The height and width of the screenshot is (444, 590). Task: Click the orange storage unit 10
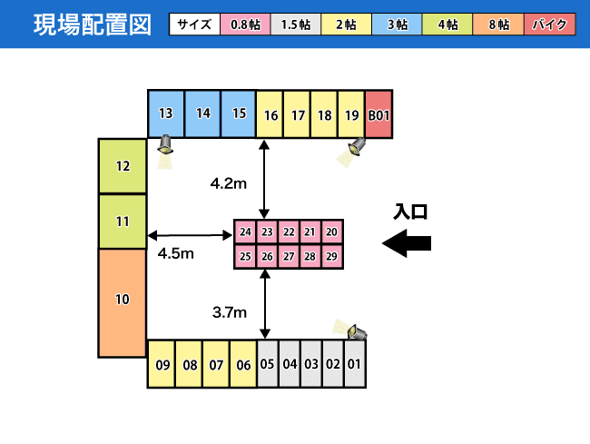[x=123, y=303]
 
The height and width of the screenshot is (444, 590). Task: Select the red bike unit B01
[x=379, y=114]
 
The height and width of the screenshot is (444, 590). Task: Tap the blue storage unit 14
[x=202, y=113]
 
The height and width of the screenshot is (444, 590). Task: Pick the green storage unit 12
[x=123, y=166]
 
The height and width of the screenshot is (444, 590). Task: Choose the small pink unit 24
[x=245, y=232]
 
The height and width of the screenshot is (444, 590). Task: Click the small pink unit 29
[x=332, y=256]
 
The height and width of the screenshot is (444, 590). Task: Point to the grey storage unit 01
[x=354, y=363]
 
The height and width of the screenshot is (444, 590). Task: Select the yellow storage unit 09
[x=162, y=364]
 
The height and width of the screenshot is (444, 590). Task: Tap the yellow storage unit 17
[x=297, y=114]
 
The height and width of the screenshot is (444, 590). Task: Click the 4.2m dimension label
[x=229, y=183]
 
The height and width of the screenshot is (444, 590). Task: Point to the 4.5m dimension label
[x=176, y=253]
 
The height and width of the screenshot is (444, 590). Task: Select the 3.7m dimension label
[x=230, y=312]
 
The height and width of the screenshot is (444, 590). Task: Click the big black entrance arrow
[x=407, y=243]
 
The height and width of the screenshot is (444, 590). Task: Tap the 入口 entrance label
[x=410, y=212]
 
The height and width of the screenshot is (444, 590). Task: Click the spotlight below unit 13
[x=165, y=151]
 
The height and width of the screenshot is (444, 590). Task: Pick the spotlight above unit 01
[x=351, y=330]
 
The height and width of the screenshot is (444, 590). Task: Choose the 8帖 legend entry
[x=498, y=25]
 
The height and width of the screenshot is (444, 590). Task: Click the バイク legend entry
[x=550, y=25]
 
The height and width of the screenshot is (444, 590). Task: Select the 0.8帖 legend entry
[x=245, y=25]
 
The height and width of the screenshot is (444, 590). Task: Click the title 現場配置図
[x=93, y=25]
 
